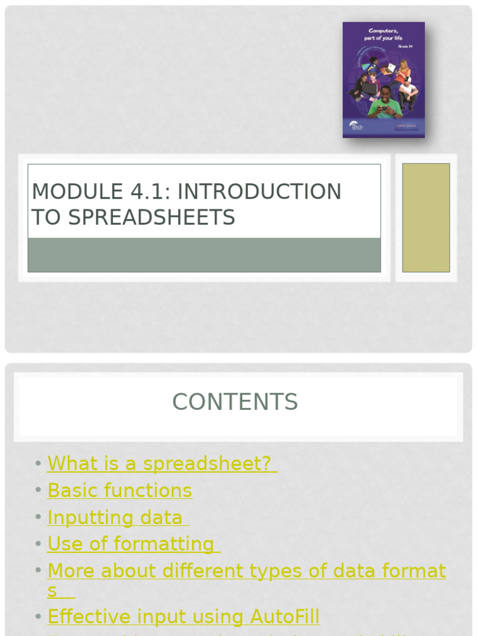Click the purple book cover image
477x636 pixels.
tap(383, 79)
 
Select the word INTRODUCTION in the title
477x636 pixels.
tap(259, 191)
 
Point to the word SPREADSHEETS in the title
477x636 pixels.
tap(151, 217)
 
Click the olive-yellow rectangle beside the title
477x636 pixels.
tap(425, 217)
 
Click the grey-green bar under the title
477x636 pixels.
tap(204, 255)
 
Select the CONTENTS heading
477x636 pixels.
tap(235, 402)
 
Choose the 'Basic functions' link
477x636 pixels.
tap(120, 490)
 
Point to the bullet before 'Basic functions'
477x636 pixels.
tap(39, 491)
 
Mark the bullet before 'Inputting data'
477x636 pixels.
tap(39, 517)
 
